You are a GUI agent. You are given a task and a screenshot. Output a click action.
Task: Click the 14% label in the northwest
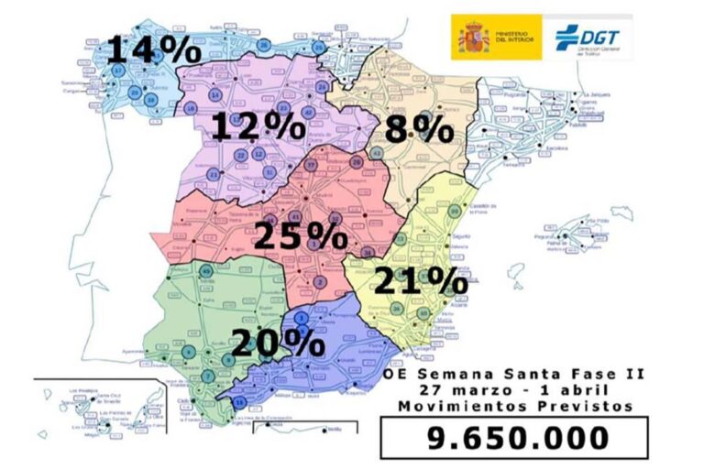(154, 50)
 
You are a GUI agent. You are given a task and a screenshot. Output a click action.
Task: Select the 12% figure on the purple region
(258, 126)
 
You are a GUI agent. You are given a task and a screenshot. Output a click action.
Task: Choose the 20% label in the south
(277, 343)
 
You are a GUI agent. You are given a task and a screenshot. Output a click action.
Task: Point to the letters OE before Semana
(397, 373)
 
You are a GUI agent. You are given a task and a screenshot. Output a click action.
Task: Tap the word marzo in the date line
(481, 388)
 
